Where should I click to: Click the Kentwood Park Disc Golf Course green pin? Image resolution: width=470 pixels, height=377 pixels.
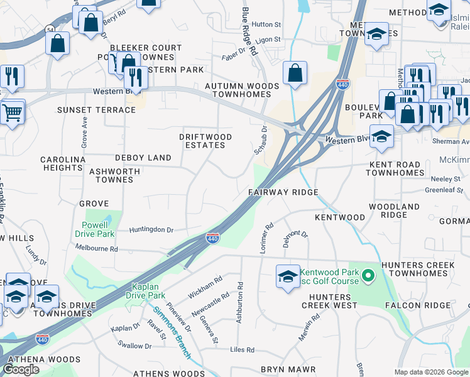point(369,275)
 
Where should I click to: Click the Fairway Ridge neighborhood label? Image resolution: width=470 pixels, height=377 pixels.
point(283,192)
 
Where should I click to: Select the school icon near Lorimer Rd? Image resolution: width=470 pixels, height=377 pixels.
point(288,276)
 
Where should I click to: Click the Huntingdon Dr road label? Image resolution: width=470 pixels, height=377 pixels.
point(151,230)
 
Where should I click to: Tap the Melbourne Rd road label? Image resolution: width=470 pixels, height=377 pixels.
point(96,248)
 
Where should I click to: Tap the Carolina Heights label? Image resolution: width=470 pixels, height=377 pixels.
point(63,164)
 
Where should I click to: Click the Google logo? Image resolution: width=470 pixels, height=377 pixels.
point(21,369)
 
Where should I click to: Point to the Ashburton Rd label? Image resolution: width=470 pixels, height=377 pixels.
point(239,303)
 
